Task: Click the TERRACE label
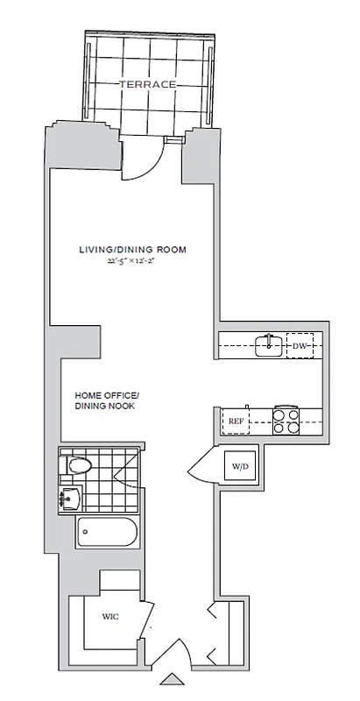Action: point(148,83)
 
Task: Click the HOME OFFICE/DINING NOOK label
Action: point(107,400)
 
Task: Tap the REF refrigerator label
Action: point(236,421)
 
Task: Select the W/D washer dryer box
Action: point(239,465)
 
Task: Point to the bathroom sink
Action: point(69,499)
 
